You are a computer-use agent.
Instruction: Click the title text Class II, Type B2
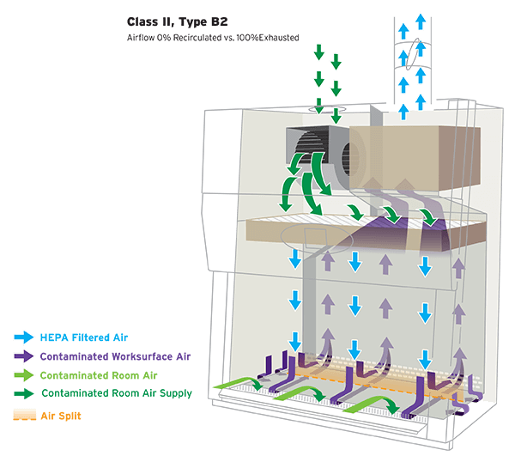pos(177,21)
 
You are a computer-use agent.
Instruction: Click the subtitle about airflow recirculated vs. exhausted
pos(213,37)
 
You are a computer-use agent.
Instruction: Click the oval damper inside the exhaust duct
pos(415,53)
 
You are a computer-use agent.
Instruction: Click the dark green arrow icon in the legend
pos(23,394)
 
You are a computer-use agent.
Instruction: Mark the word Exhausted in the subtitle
pos(276,37)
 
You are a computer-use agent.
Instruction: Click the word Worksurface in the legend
pos(134,356)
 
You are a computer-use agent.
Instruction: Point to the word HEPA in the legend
pos(49,336)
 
